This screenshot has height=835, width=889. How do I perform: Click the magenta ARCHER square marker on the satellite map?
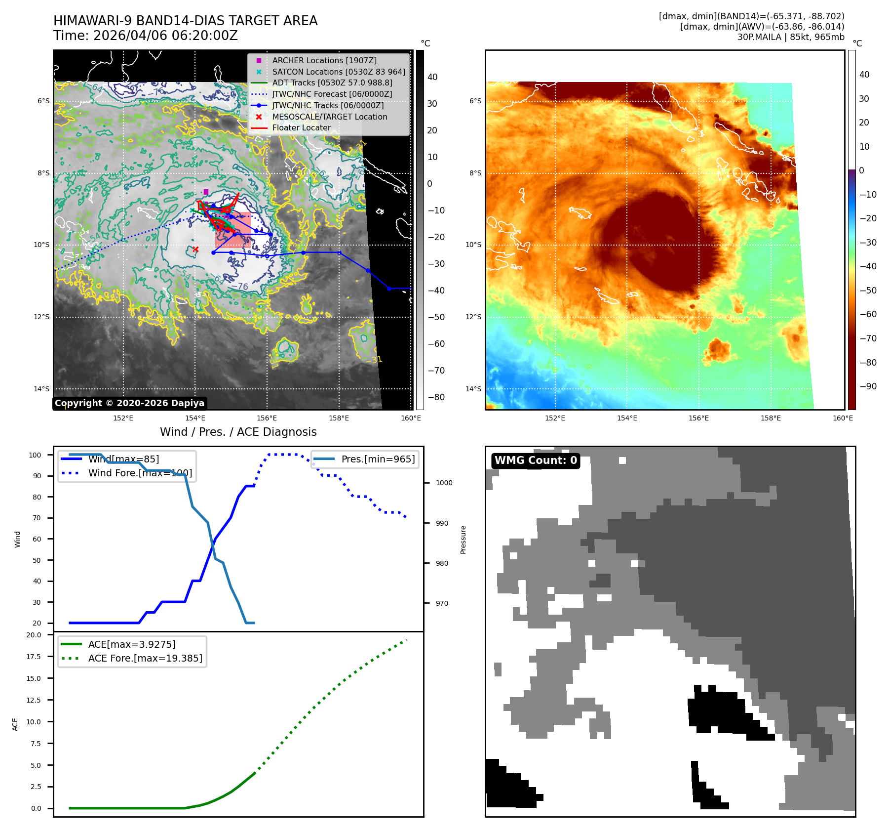(206, 192)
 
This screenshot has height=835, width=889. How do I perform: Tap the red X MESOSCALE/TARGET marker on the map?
(195, 249)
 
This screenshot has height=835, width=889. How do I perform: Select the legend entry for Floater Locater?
(301, 127)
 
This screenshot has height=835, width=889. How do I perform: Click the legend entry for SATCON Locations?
(339, 72)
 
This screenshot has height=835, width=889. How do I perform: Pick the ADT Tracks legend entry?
(332, 83)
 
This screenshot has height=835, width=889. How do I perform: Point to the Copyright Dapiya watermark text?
(129, 403)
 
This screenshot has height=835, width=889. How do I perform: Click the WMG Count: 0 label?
(536, 460)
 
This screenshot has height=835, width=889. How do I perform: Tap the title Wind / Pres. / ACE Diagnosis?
(238, 432)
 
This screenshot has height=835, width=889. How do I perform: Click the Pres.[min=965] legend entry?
(378, 459)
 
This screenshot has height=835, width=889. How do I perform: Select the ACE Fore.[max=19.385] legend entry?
(145, 658)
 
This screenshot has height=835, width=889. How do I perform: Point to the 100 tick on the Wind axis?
(35, 455)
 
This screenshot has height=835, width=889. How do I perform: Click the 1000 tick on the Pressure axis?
(444, 483)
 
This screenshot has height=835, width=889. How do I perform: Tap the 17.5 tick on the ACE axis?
(34, 657)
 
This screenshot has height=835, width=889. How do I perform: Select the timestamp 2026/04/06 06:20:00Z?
(165, 36)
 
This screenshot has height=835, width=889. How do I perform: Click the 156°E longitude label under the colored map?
(698, 418)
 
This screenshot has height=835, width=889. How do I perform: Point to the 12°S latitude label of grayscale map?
(41, 317)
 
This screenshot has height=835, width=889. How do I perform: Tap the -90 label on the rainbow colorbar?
(868, 386)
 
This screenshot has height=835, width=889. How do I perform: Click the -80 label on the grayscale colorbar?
(436, 397)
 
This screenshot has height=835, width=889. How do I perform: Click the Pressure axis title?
(463, 540)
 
